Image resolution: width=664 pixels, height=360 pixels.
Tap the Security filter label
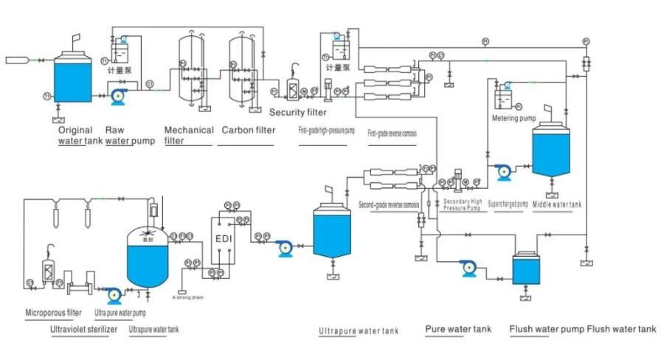pos(297,112)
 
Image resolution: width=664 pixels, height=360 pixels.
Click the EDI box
pos(224,238)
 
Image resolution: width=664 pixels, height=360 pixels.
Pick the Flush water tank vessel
pos(527,271)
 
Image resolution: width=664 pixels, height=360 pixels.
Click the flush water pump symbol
pos(468,268)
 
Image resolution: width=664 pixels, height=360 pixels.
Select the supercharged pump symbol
pos(504,170)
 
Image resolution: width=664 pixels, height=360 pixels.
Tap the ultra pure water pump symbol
pos(114,294)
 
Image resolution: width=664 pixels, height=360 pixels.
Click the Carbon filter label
pos(249,131)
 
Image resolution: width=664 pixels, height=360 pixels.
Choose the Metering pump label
pos(513,117)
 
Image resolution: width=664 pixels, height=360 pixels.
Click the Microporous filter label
pos(53,312)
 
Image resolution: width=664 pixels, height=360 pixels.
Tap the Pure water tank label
pos(458,329)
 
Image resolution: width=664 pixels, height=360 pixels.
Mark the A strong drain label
pos(188,297)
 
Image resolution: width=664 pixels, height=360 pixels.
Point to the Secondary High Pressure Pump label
pos(463,204)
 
